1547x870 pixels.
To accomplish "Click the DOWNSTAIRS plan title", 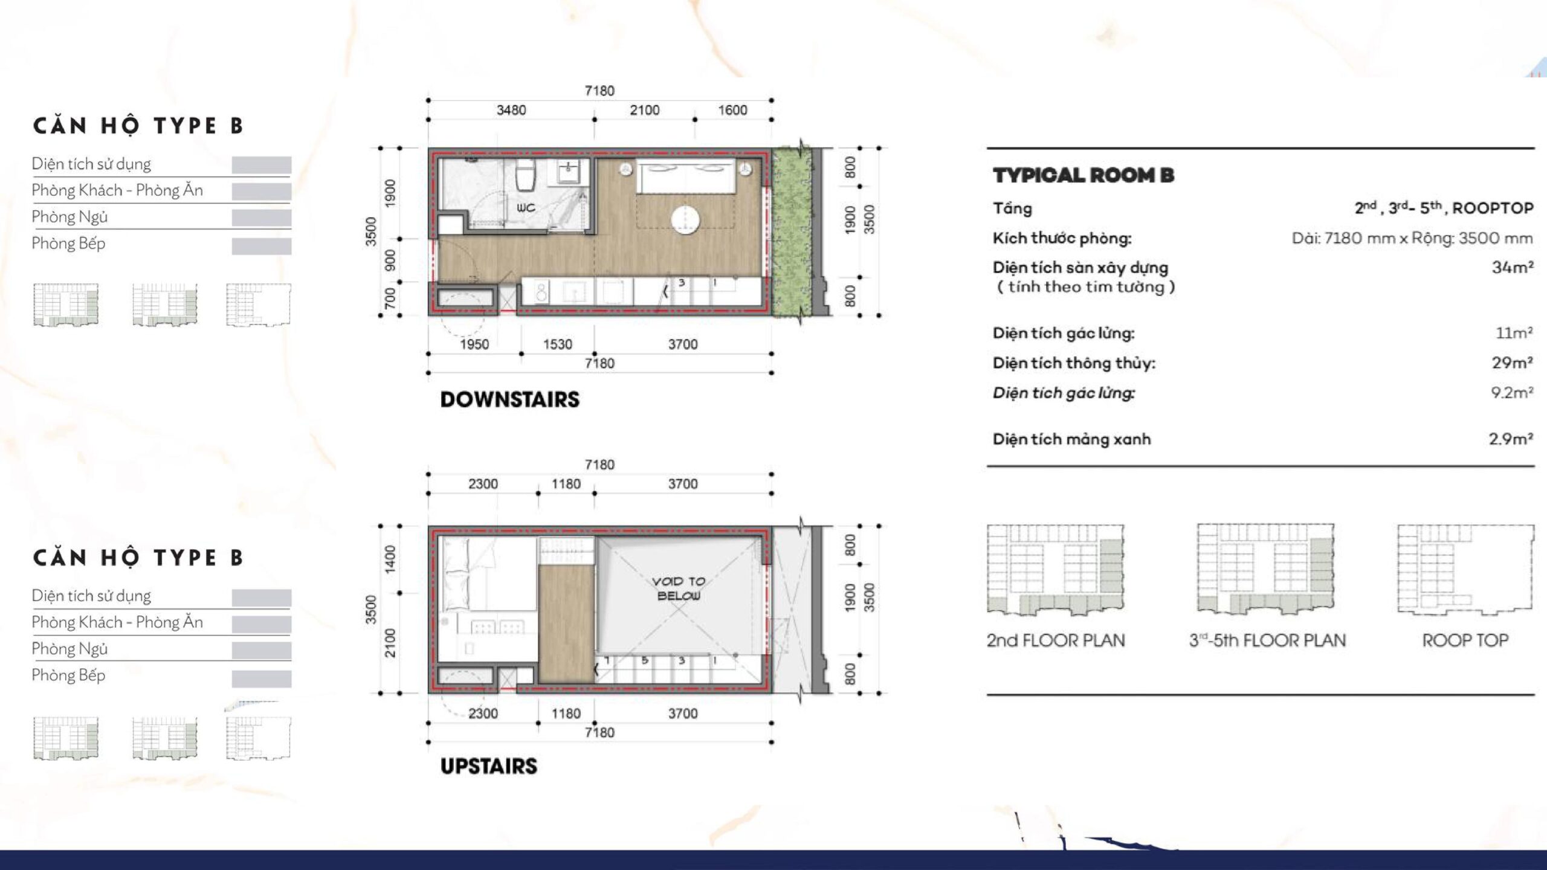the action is click(509, 399).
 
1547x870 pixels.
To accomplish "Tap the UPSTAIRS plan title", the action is click(488, 766).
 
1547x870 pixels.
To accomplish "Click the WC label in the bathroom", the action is click(526, 208).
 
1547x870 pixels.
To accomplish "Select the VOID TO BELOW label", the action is click(679, 588).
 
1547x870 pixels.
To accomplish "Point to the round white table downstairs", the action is click(685, 219).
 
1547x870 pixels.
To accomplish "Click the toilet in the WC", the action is click(525, 175).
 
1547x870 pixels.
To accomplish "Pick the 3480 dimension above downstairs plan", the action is click(511, 110).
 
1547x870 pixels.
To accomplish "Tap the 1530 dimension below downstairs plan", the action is click(557, 344).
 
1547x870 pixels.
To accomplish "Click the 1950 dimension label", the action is click(474, 344).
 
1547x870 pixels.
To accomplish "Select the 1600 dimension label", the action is click(732, 110).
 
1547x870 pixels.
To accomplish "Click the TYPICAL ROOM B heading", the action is click(1084, 175).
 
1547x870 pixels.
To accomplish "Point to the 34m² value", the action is click(1513, 267).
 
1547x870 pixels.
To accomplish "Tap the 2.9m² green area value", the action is click(1511, 439).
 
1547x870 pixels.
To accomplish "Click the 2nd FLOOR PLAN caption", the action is click(1056, 640).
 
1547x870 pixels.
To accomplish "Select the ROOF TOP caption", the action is click(1465, 640).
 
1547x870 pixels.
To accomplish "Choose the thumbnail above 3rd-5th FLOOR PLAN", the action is click(1265, 569).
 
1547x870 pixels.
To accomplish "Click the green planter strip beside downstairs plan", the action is click(791, 231).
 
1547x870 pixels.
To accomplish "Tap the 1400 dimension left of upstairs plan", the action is click(390, 559).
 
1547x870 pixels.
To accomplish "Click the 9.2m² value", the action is click(1512, 393).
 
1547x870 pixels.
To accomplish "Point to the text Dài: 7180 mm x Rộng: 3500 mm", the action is click(1412, 238).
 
